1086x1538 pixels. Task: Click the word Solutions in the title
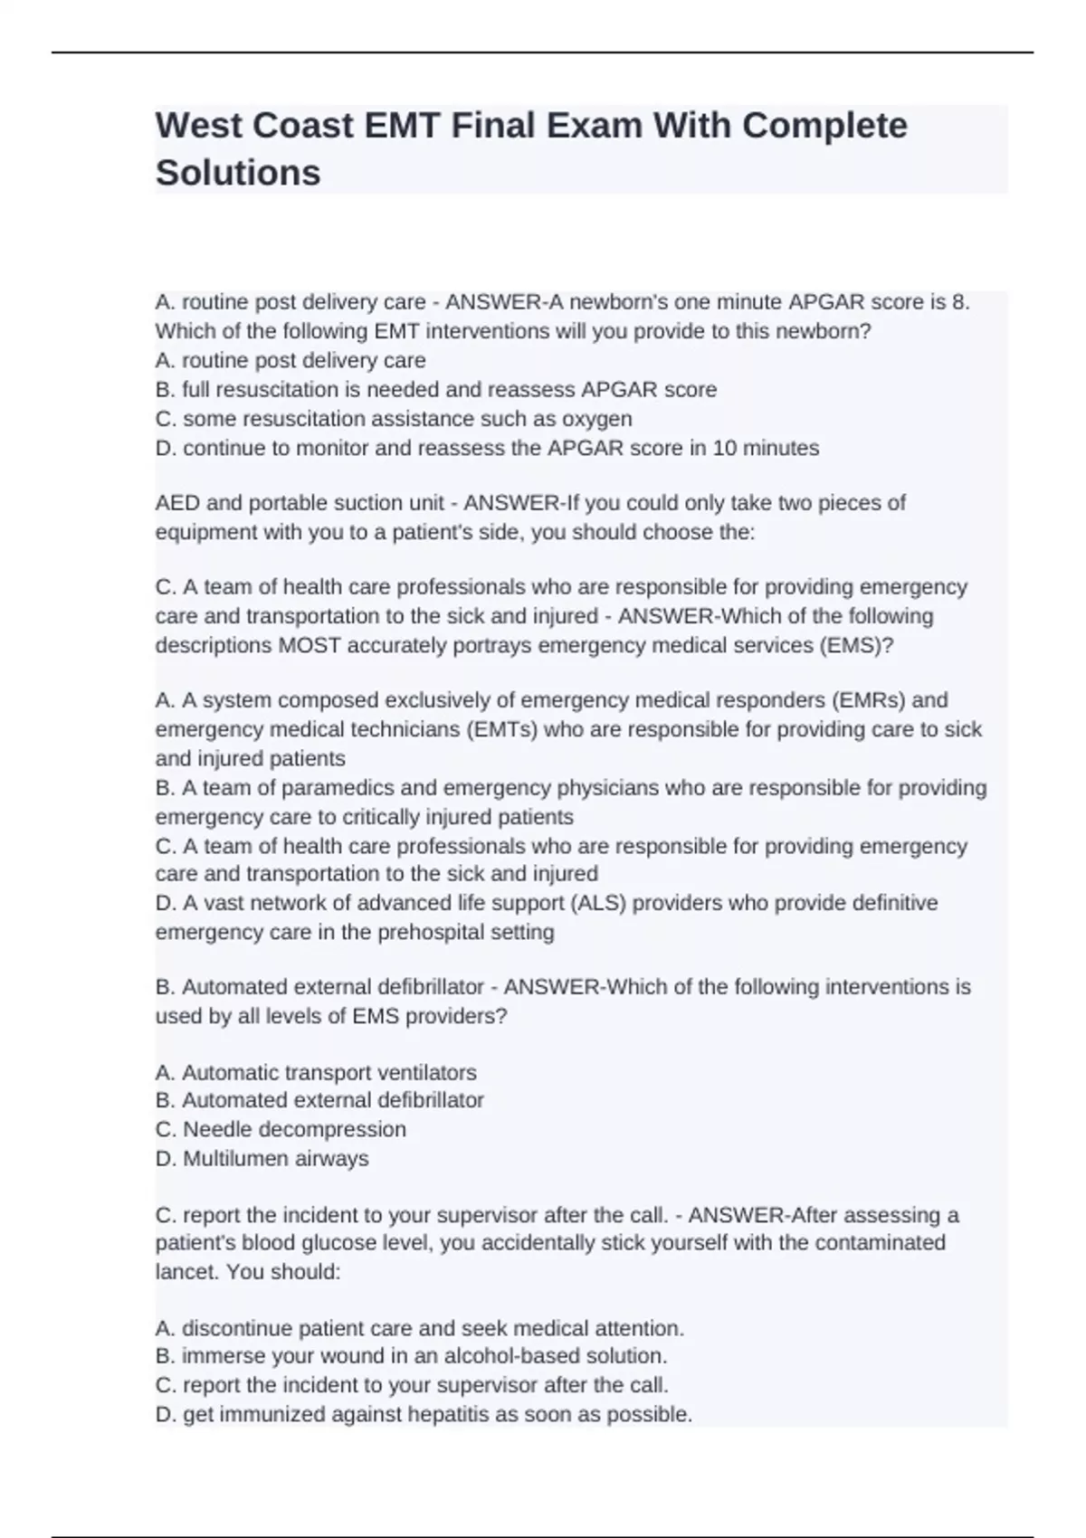238,172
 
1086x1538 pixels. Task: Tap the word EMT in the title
402,125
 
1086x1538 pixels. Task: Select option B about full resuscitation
435,390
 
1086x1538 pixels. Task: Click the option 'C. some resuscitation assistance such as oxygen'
394,419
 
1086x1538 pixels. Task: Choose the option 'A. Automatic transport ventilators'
316,1072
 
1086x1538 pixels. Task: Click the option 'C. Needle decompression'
281,1129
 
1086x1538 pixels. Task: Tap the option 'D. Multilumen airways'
262,1158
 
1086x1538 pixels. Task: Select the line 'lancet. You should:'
248,1271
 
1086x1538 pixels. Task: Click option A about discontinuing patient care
420,1328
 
